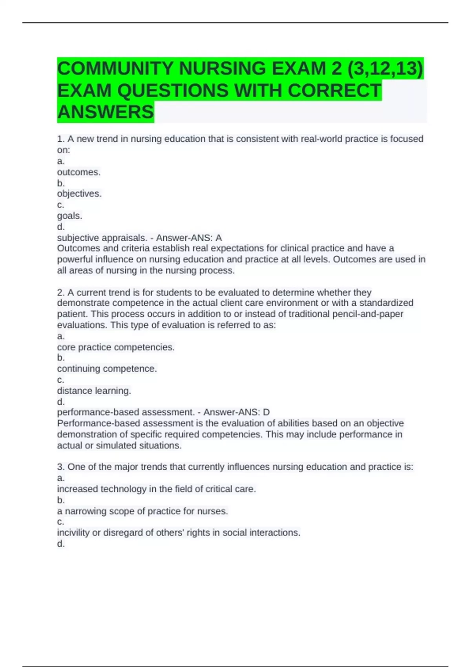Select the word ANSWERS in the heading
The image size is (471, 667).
106,112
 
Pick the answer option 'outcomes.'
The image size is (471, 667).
79,172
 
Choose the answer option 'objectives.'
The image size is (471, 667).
79,194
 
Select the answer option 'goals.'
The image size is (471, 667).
70,216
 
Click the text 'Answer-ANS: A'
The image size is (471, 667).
189,238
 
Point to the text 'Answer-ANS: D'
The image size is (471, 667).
236,412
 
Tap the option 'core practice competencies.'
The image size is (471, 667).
116,347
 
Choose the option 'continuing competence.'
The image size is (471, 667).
107,369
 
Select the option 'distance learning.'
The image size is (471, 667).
94,391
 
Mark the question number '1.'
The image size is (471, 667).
61,139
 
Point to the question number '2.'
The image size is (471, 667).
61,293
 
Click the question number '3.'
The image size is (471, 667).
61,467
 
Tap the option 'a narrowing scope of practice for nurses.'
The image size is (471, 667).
142,511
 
